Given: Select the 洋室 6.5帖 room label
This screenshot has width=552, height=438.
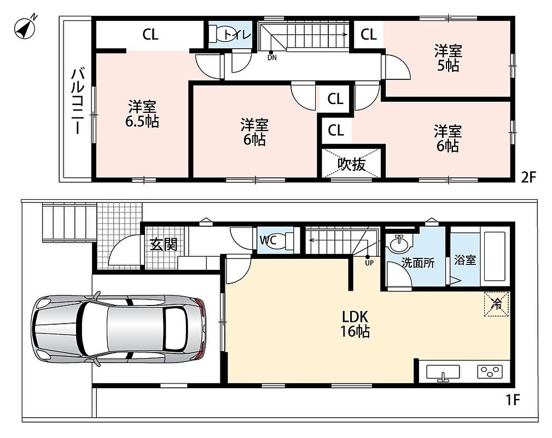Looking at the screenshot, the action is coord(142,114).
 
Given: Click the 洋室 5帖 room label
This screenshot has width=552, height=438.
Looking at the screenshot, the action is coord(448,58).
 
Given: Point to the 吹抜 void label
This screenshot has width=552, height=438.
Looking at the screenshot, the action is coord(352,164).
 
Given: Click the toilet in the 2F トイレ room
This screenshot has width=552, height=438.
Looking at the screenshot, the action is coord(223,34).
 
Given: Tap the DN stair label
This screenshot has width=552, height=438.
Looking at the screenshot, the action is coord(272,57).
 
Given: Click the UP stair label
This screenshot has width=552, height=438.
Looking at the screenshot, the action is coord(369,262).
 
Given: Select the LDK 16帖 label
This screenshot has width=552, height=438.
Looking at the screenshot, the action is coord(355,324).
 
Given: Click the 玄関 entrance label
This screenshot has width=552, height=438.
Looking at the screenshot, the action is coord(164,244).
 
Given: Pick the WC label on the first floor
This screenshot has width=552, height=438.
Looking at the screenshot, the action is coord(268,240).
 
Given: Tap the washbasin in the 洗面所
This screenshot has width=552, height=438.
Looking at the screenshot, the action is coord(399,244).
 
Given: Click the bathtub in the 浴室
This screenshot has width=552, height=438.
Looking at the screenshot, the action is coord(494,257).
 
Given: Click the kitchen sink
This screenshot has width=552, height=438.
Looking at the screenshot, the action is coord(443,373).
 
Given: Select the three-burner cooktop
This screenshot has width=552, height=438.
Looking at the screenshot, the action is coord(490,372).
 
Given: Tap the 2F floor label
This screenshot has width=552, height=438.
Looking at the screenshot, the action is coord(528,177).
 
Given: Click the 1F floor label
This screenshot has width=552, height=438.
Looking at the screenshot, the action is coord(513,400).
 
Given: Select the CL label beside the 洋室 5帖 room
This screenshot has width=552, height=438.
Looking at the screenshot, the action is coord(369,34).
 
